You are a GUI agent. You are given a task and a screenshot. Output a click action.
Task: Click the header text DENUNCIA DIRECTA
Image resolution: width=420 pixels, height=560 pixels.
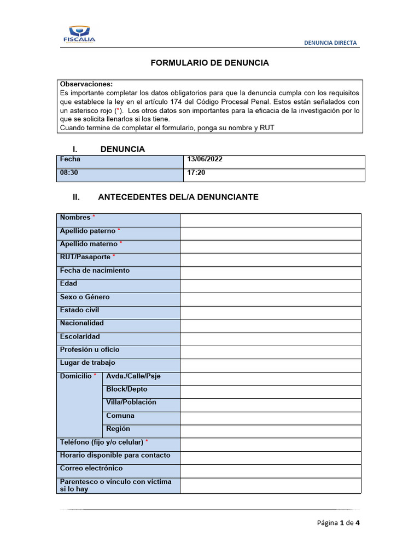click(330, 43)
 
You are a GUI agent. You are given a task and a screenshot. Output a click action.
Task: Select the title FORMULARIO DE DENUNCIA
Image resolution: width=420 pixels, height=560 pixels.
click(210, 63)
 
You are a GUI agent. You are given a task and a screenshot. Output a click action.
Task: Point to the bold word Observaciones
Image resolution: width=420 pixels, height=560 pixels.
click(86, 84)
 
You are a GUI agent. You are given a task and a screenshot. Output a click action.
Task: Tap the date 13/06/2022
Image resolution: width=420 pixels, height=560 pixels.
click(205, 160)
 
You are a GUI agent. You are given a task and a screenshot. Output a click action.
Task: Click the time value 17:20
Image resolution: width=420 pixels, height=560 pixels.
click(196, 173)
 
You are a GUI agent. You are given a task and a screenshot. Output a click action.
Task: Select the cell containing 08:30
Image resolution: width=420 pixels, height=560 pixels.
click(120, 174)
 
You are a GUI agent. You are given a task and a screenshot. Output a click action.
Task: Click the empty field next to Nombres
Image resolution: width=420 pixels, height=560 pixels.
click(270, 220)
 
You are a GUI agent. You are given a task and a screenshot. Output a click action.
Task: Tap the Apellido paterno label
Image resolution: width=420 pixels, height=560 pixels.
click(88, 231)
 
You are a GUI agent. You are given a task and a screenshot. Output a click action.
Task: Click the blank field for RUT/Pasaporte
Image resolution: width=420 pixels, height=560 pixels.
click(270, 260)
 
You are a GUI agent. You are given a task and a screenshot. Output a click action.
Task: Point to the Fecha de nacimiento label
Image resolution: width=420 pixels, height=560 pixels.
click(95, 271)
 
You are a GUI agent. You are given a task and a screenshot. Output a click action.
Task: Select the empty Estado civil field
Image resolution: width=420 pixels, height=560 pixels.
click(270, 313)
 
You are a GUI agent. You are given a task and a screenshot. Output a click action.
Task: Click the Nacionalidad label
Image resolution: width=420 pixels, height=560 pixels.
click(81, 323)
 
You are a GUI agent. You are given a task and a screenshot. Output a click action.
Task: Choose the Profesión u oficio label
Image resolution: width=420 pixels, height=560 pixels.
click(90, 349)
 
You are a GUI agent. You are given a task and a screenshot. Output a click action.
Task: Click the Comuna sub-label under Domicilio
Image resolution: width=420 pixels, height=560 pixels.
click(120, 416)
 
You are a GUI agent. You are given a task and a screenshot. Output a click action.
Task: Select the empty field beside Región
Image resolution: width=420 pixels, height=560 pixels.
click(270, 431)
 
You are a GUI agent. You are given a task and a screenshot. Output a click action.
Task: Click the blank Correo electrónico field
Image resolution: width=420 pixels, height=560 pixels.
click(270, 471)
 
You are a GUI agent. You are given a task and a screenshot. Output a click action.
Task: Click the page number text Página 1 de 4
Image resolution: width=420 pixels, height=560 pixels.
click(338, 523)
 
